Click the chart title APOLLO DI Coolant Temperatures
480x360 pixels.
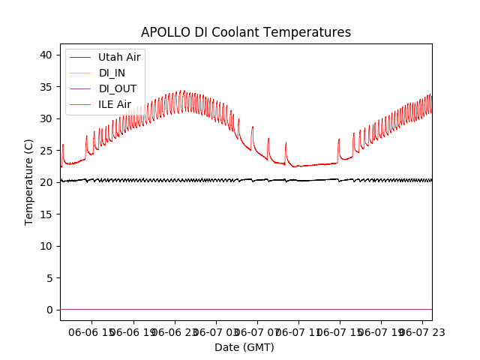click(246, 32)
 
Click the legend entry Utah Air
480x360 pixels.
click(119, 57)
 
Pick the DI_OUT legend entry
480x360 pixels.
click(118, 88)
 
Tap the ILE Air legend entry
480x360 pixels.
click(115, 104)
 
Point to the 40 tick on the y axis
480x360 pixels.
click(46, 55)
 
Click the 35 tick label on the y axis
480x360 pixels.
click(46, 87)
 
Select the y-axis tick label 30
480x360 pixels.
click(46, 118)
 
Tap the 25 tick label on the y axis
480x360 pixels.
click(46, 151)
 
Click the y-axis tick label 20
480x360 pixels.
click(46, 182)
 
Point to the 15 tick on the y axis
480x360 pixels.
click(46, 214)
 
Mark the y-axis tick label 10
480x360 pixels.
click(46, 246)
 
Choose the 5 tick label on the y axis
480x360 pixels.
click(49, 278)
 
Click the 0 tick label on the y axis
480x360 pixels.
click(49, 310)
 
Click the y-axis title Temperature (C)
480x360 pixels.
click(29, 182)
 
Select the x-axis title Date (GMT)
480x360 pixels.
click(244, 347)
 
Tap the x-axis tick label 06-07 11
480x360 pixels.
click(298, 331)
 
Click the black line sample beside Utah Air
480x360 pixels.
click(79, 57)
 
